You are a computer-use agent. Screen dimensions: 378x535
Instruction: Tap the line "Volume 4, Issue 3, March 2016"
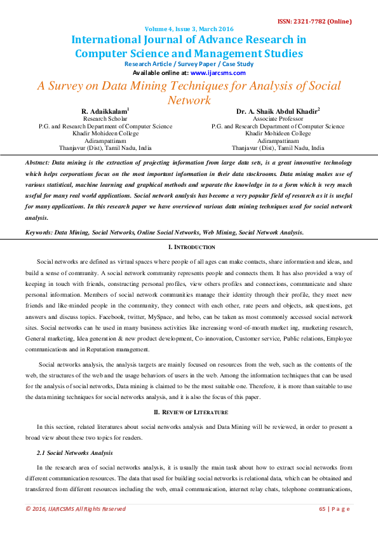189,29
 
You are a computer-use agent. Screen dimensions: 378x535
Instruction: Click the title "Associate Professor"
278,119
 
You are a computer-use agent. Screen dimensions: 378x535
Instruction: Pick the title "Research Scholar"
105,119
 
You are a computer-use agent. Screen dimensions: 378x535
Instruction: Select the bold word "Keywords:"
39,233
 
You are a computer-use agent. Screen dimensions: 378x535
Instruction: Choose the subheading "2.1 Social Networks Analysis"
75,452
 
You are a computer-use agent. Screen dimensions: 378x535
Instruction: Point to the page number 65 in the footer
322,508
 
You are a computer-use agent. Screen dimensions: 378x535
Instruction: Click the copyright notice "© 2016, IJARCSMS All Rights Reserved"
76,508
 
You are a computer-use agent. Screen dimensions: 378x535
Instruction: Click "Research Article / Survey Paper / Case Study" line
189,64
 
